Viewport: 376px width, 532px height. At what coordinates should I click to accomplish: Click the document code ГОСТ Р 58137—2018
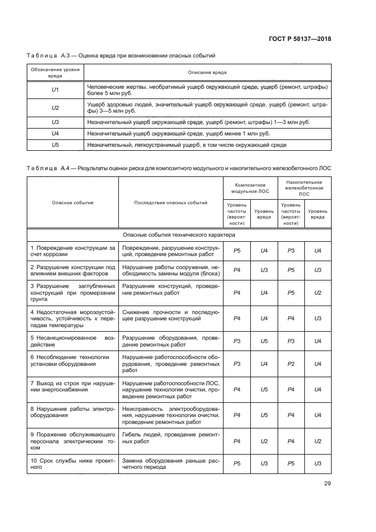click(299, 39)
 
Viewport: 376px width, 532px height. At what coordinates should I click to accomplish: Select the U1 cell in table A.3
click(55, 90)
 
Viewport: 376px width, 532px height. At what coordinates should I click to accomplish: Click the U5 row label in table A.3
click(55, 145)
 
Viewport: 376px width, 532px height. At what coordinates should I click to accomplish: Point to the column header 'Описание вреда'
click(207, 72)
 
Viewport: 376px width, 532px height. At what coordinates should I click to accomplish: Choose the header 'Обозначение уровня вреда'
click(55, 72)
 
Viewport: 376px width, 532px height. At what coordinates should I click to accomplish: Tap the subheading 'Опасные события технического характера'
click(178, 234)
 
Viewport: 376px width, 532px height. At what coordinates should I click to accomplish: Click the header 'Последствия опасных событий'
click(170, 203)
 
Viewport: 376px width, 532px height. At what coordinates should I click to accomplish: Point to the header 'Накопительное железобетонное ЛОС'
click(304, 188)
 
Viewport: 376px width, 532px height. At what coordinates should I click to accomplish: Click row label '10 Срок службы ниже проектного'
click(72, 463)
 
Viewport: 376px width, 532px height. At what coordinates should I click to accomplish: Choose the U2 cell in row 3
click(317, 292)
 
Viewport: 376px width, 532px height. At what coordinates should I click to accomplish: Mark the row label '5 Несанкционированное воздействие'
click(72, 341)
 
